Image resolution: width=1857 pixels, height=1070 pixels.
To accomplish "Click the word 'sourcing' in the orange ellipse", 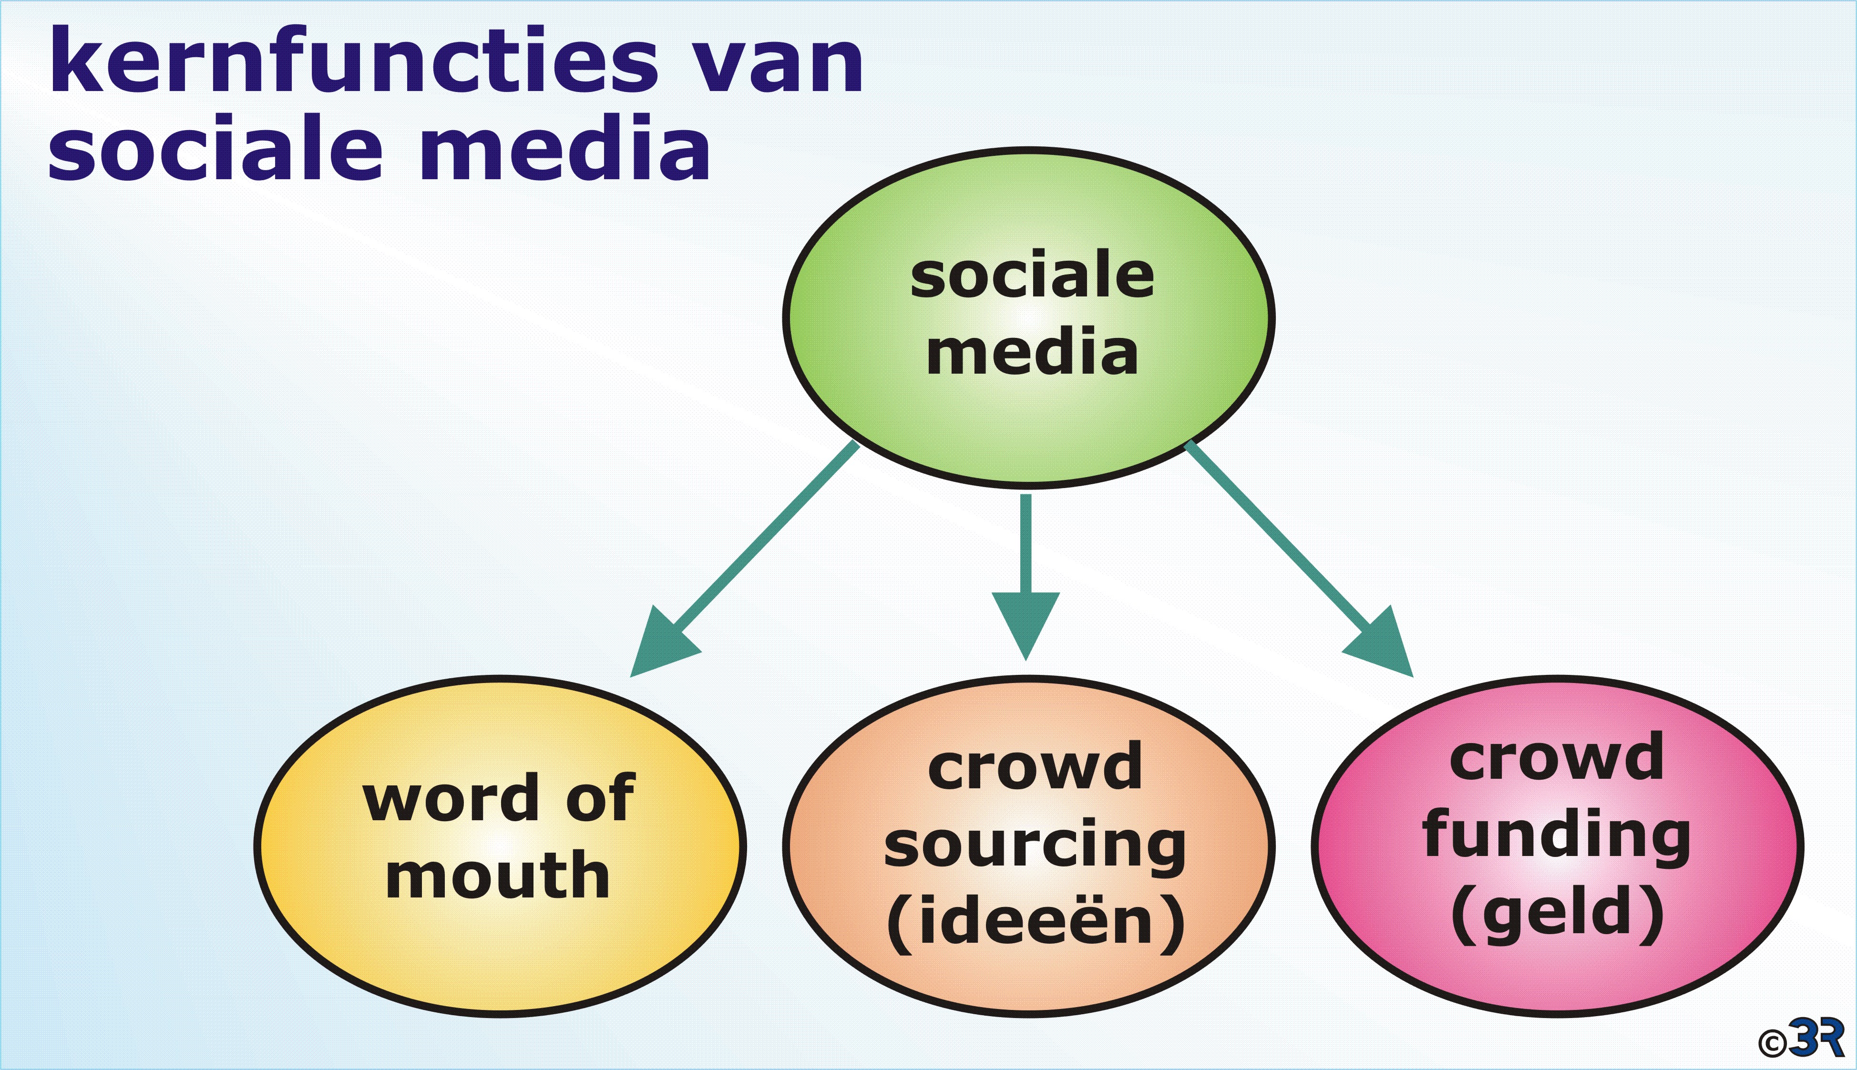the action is (1035, 846).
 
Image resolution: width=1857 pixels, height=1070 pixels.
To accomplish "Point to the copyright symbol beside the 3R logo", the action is (1773, 1042).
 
